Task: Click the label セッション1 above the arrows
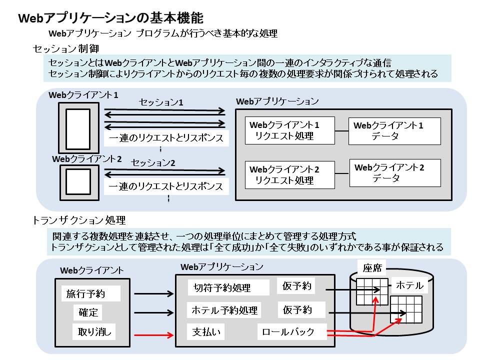click(161, 102)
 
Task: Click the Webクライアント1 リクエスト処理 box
click(289, 130)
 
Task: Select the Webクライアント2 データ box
click(394, 173)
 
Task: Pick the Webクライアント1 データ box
click(394, 131)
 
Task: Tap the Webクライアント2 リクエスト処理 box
click(289, 174)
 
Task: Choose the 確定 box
click(89, 312)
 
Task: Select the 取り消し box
click(94, 331)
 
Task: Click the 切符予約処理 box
click(222, 287)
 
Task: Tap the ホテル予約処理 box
click(224, 310)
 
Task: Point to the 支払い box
click(206, 332)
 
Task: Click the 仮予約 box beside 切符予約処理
click(297, 286)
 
